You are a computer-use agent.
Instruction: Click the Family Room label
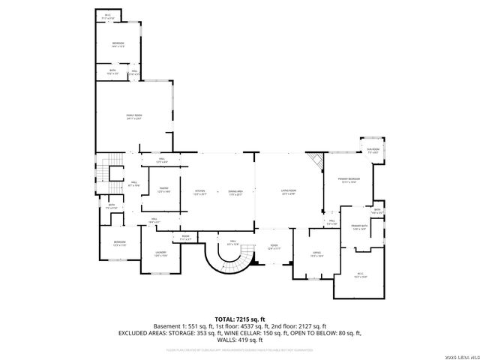tap(134, 116)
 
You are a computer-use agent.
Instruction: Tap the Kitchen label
tap(199, 192)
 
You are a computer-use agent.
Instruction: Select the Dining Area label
tap(235, 192)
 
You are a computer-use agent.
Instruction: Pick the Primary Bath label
tap(358, 227)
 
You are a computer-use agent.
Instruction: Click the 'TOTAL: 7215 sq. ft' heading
tap(239, 319)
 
